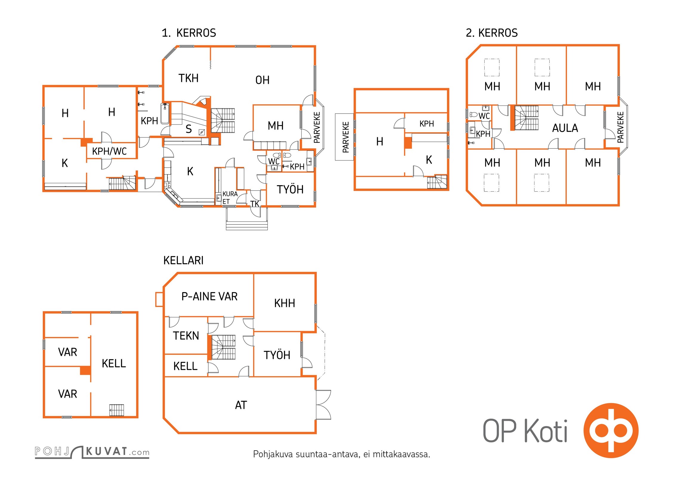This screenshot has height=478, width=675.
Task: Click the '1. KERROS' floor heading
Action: point(189,33)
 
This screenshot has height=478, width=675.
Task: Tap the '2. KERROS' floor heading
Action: point(491,33)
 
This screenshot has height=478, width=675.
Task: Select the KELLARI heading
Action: point(183,260)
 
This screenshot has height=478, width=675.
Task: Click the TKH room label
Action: point(188,78)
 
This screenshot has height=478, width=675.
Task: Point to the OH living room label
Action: point(262,80)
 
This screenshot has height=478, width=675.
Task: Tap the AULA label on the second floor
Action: point(565,128)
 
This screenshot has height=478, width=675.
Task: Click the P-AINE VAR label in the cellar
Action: point(209,296)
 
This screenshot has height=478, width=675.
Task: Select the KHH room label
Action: point(284,303)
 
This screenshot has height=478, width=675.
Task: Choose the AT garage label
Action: point(241,405)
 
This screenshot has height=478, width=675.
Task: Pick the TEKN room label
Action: point(186,335)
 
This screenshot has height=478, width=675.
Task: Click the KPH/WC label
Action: point(109,151)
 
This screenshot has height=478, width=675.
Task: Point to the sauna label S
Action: point(189,129)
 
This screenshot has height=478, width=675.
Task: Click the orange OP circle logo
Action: point(611,430)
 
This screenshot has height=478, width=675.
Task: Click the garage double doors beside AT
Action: point(323,405)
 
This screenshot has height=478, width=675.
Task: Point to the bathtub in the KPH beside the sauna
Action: point(165,114)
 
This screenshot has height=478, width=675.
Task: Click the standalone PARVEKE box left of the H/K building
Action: point(344,137)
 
